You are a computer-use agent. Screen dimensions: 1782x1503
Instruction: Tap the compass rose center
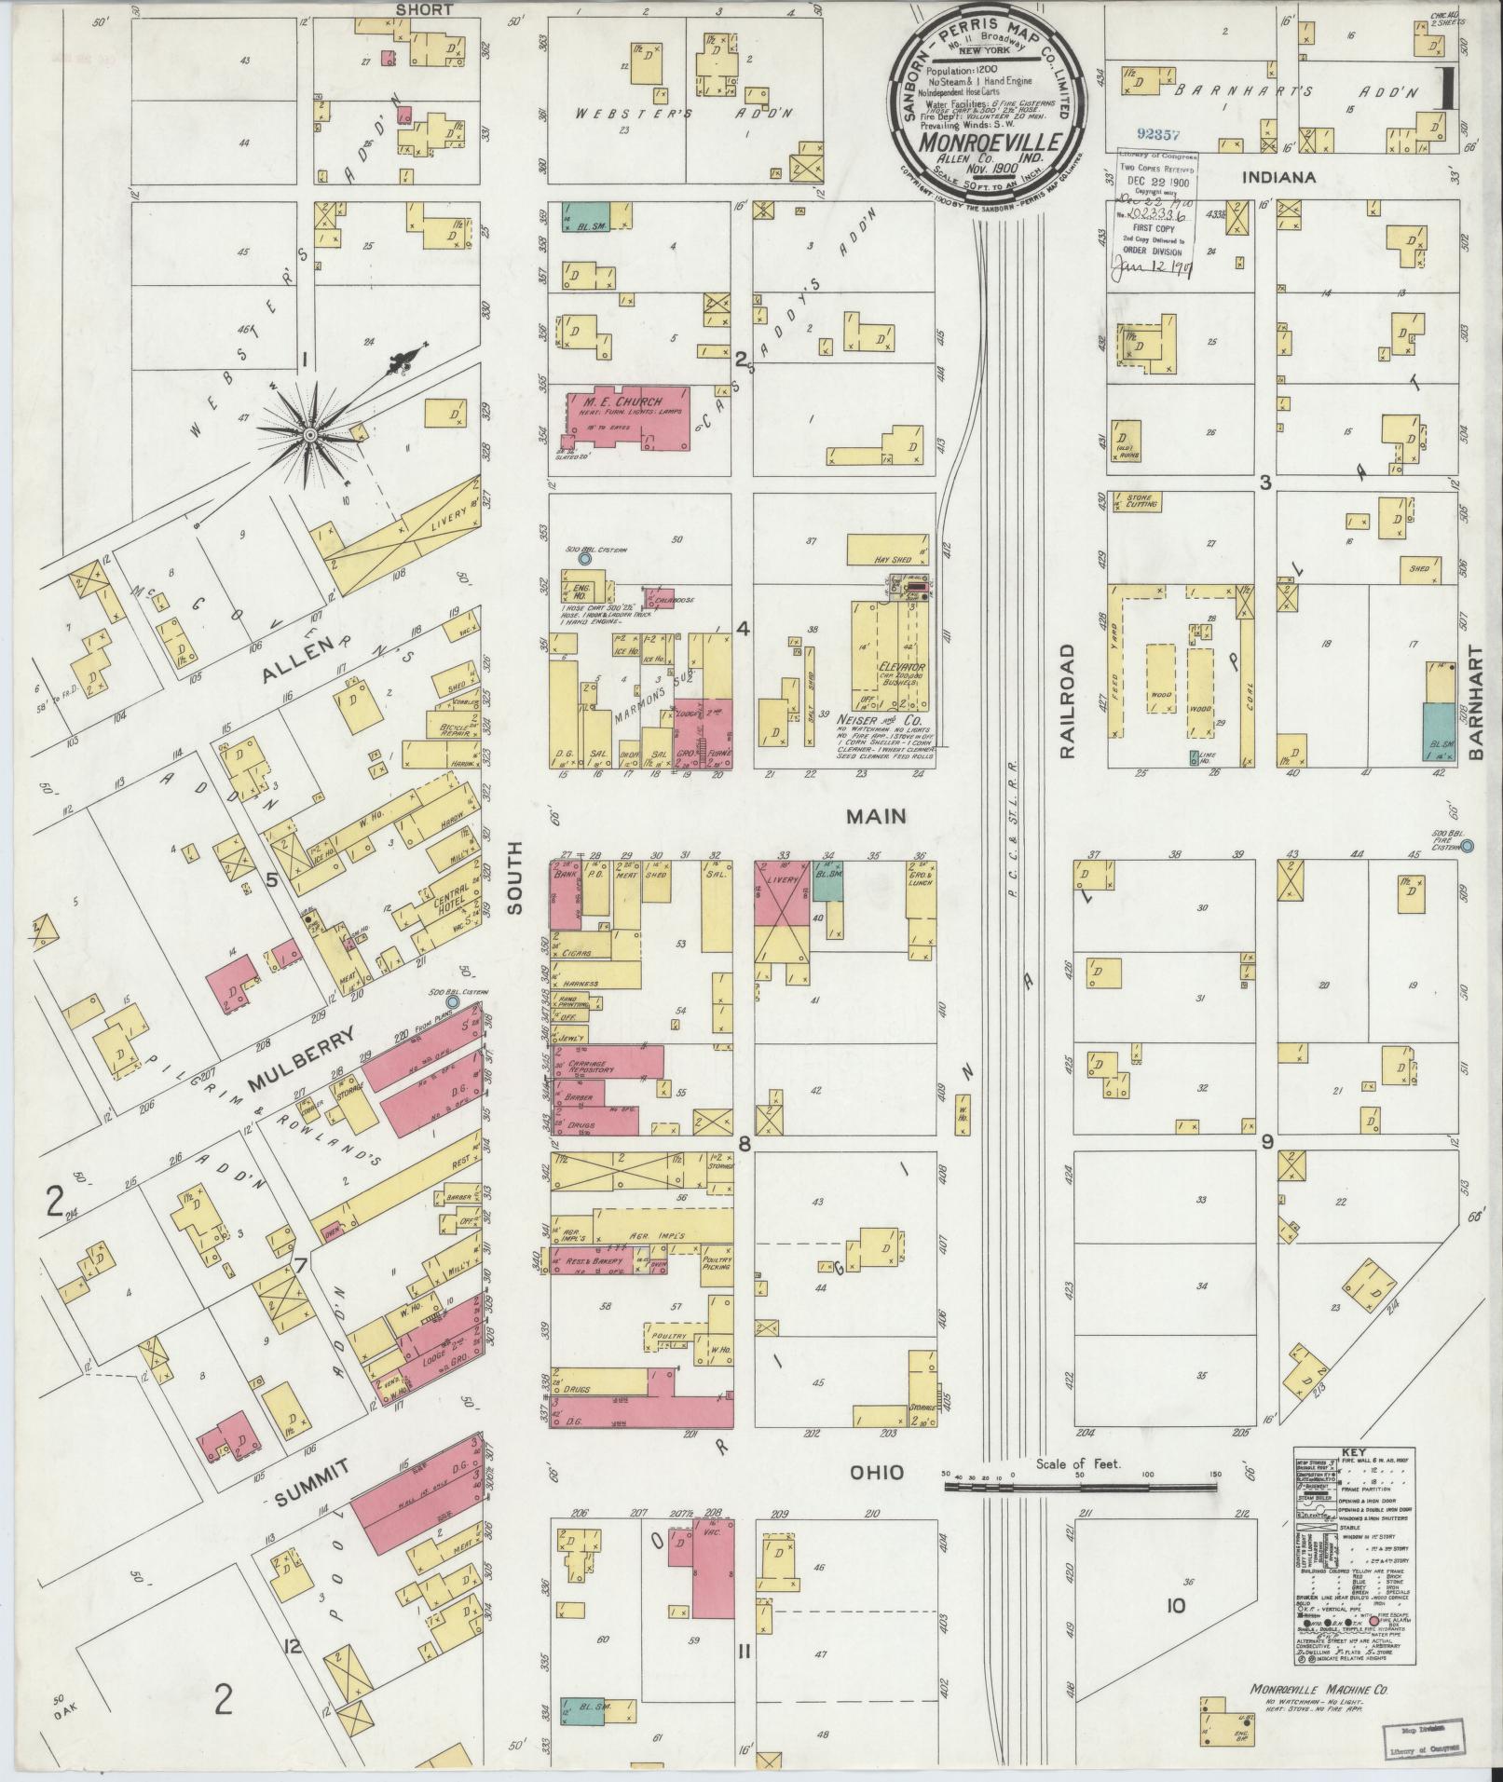[310, 435]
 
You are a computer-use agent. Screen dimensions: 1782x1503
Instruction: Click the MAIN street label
[875, 816]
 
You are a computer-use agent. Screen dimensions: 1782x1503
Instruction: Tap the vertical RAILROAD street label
[1067, 701]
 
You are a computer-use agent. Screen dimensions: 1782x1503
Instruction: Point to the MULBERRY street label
[303, 1059]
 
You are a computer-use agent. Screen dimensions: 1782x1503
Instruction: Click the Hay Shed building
[886, 550]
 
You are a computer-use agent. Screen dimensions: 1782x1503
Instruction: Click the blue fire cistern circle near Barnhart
[1467, 846]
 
